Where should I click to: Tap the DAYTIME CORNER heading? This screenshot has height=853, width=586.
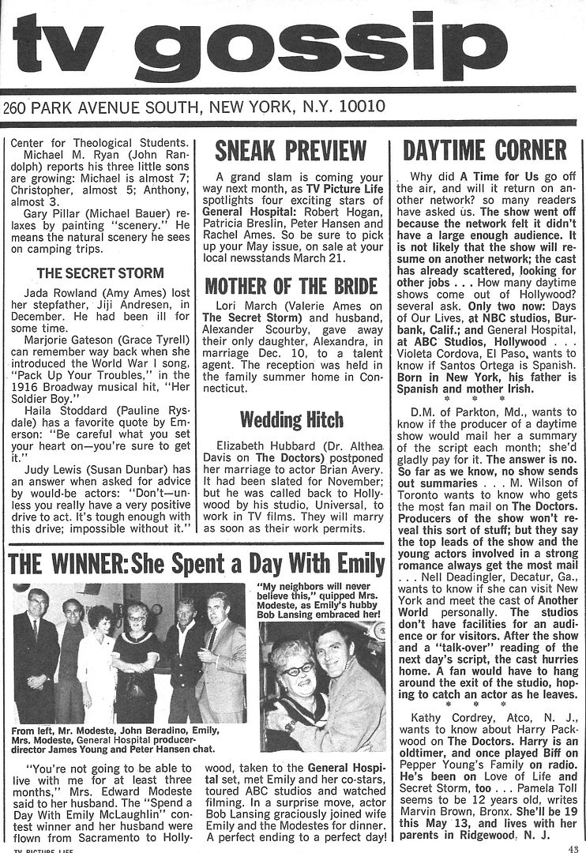485,150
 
